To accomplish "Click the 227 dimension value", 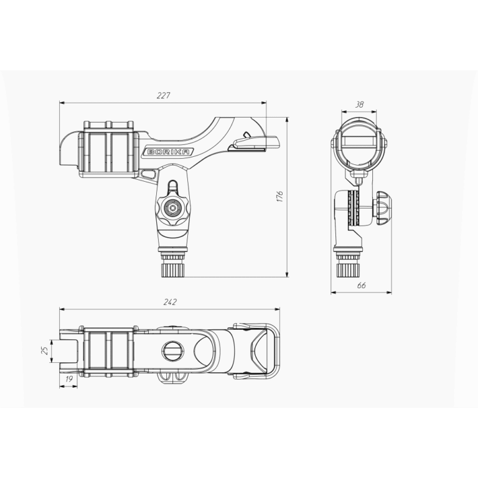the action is [x=164, y=95].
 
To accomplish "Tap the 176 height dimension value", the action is [x=280, y=197].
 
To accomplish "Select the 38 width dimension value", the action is [x=359, y=105].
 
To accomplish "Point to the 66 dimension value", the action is [x=361, y=285].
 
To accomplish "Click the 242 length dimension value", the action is [x=170, y=302].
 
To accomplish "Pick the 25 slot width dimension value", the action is [x=45, y=350].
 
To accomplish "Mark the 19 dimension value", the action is [x=69, y=379].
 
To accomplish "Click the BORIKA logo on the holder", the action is [x=169, y=152].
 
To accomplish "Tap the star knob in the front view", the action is [x=173, y=209].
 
